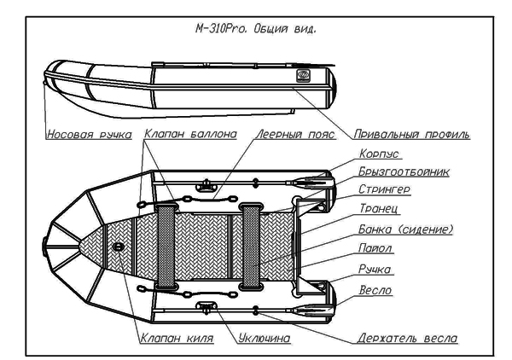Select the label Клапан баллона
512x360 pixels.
pyautogui.click(x=183, y=134)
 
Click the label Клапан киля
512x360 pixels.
pyautogui.click(x=176, y=339)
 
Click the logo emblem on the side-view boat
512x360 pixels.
pyautogui.click(x=304, y=76)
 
